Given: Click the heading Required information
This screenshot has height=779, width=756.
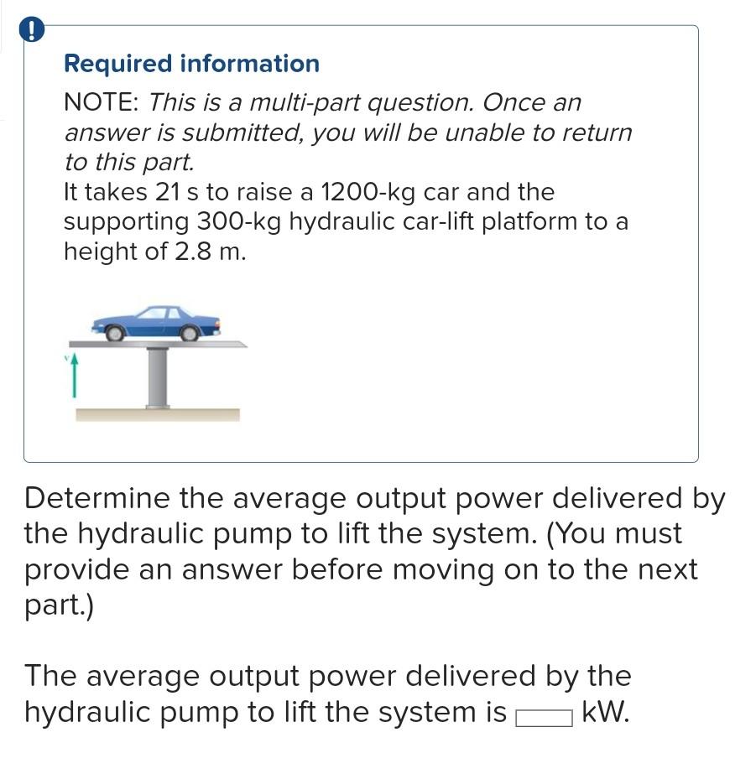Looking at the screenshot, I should pyautogui.click(x=191, y=64).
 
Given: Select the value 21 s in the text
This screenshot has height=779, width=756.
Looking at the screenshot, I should pyautogui.click(x=177, y=192).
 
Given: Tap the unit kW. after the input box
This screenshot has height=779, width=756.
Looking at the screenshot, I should pyautogui.click(x=605, y=713).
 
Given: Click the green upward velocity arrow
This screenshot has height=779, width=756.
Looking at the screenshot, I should pyautogui.click(x=74, y=375).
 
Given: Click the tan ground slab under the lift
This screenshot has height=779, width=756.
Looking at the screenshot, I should pyautogui.click(x=158, y=414).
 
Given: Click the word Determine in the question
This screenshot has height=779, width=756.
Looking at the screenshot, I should pyautogui.click(x=96, y=498).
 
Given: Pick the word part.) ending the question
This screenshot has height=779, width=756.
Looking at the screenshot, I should pyautogui.click(x=59, y=606).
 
